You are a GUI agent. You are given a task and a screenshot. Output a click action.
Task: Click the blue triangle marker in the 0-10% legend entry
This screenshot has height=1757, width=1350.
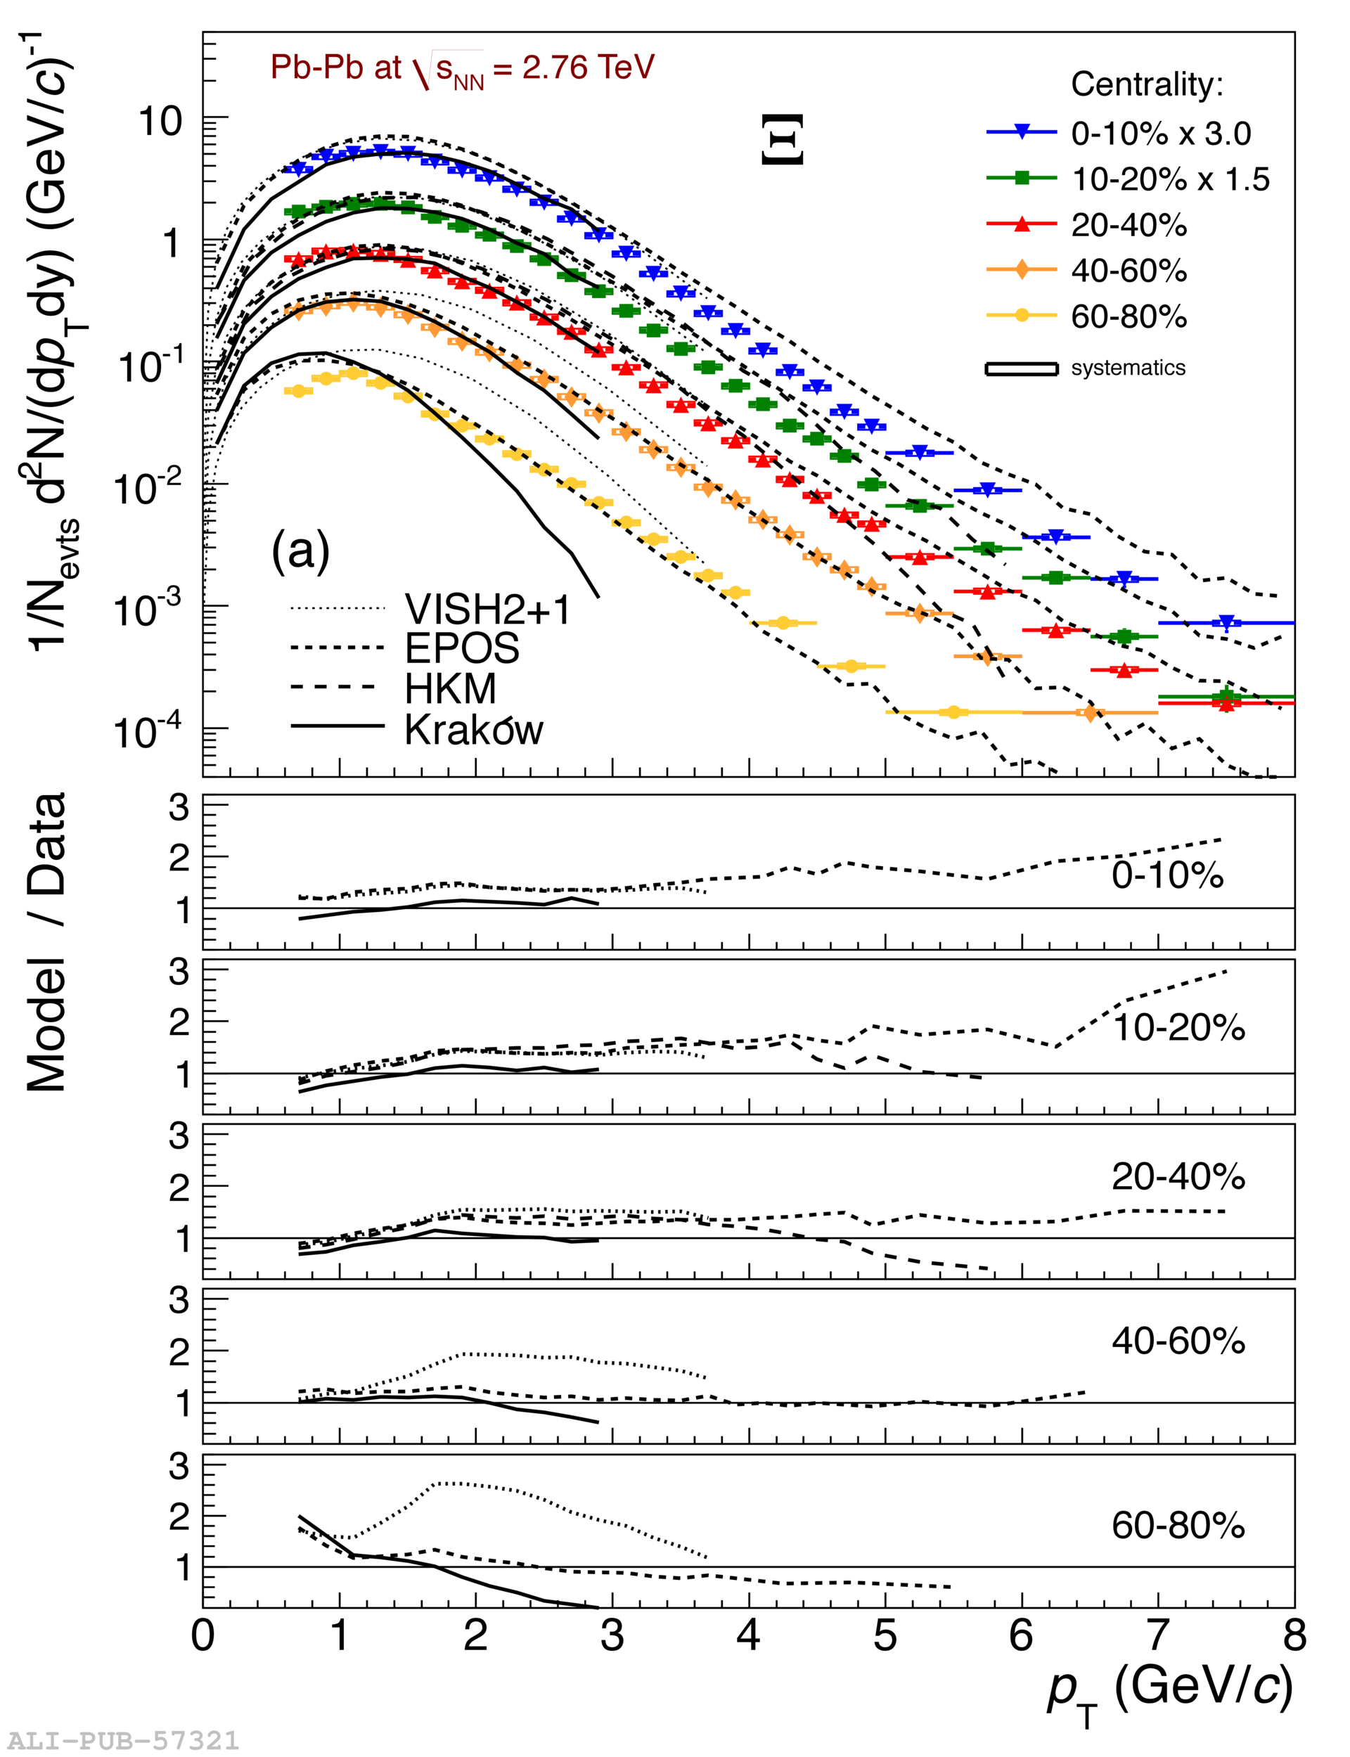click(x=1022, y=131)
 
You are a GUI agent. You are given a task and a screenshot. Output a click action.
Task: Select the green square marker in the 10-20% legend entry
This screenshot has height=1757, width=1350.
click(x=1022, y=179)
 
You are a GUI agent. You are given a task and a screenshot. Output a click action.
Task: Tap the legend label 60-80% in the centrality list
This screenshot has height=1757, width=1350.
click(x=1129, y=317)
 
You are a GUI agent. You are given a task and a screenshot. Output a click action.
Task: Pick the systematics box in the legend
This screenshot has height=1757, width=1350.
click(x=1022, y=368)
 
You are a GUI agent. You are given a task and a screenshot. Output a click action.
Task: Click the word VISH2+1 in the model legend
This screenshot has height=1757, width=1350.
click(x=488, y=610)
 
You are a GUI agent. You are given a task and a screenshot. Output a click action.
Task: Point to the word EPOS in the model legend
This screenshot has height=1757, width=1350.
click(x=462, y=648)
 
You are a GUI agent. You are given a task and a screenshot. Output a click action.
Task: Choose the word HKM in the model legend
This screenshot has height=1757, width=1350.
click(x=450, y=688)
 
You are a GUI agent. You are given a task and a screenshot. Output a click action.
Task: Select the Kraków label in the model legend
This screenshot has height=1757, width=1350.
click(x=473, y=730)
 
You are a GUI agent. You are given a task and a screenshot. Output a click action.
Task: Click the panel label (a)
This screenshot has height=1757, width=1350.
click(x=300, y=551)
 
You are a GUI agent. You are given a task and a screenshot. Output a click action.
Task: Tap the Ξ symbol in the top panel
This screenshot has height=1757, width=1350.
click(x=781, y=140)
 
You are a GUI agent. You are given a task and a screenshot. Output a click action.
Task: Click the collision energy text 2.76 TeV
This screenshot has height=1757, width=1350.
click(x=589, y=67)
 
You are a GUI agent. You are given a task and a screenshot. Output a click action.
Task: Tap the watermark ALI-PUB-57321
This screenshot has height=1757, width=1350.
click(x=123, y=1740)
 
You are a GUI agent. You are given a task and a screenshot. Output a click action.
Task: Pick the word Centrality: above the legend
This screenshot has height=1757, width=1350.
click(x=1147, y=84)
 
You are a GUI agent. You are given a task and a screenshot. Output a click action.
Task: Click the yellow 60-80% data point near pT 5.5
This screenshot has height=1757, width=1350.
click(x=953, y=712)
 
